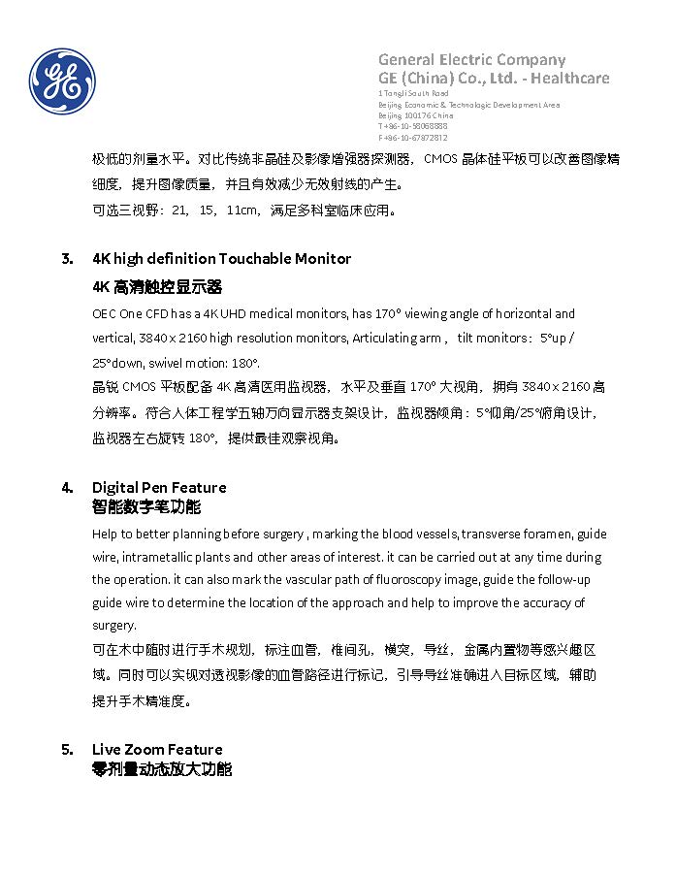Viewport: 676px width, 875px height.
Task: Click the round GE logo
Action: point(62,81)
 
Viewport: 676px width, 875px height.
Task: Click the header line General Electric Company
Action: point(471,59)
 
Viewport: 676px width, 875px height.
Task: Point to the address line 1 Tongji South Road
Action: point(413,93)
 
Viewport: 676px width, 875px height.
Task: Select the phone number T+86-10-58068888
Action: point(413,126)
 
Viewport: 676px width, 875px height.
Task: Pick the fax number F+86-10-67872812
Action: point(413,138)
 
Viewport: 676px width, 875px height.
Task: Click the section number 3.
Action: point(67,259)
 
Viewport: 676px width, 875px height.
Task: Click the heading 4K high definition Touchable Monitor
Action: point(221,259)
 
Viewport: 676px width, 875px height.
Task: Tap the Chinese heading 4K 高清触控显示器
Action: point(157,287)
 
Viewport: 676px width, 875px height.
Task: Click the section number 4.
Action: point(67,487)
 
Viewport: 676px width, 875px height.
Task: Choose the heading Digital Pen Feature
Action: point(159,487)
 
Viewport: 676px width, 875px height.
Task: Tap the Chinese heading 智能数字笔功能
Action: point(146,506)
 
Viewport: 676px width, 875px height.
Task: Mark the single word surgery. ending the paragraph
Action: point(114,626)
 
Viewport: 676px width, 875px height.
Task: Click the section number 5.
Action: point(67,749)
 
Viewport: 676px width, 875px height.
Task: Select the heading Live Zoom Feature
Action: point(157,749)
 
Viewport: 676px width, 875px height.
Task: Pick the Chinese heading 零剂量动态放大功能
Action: point(162,768)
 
